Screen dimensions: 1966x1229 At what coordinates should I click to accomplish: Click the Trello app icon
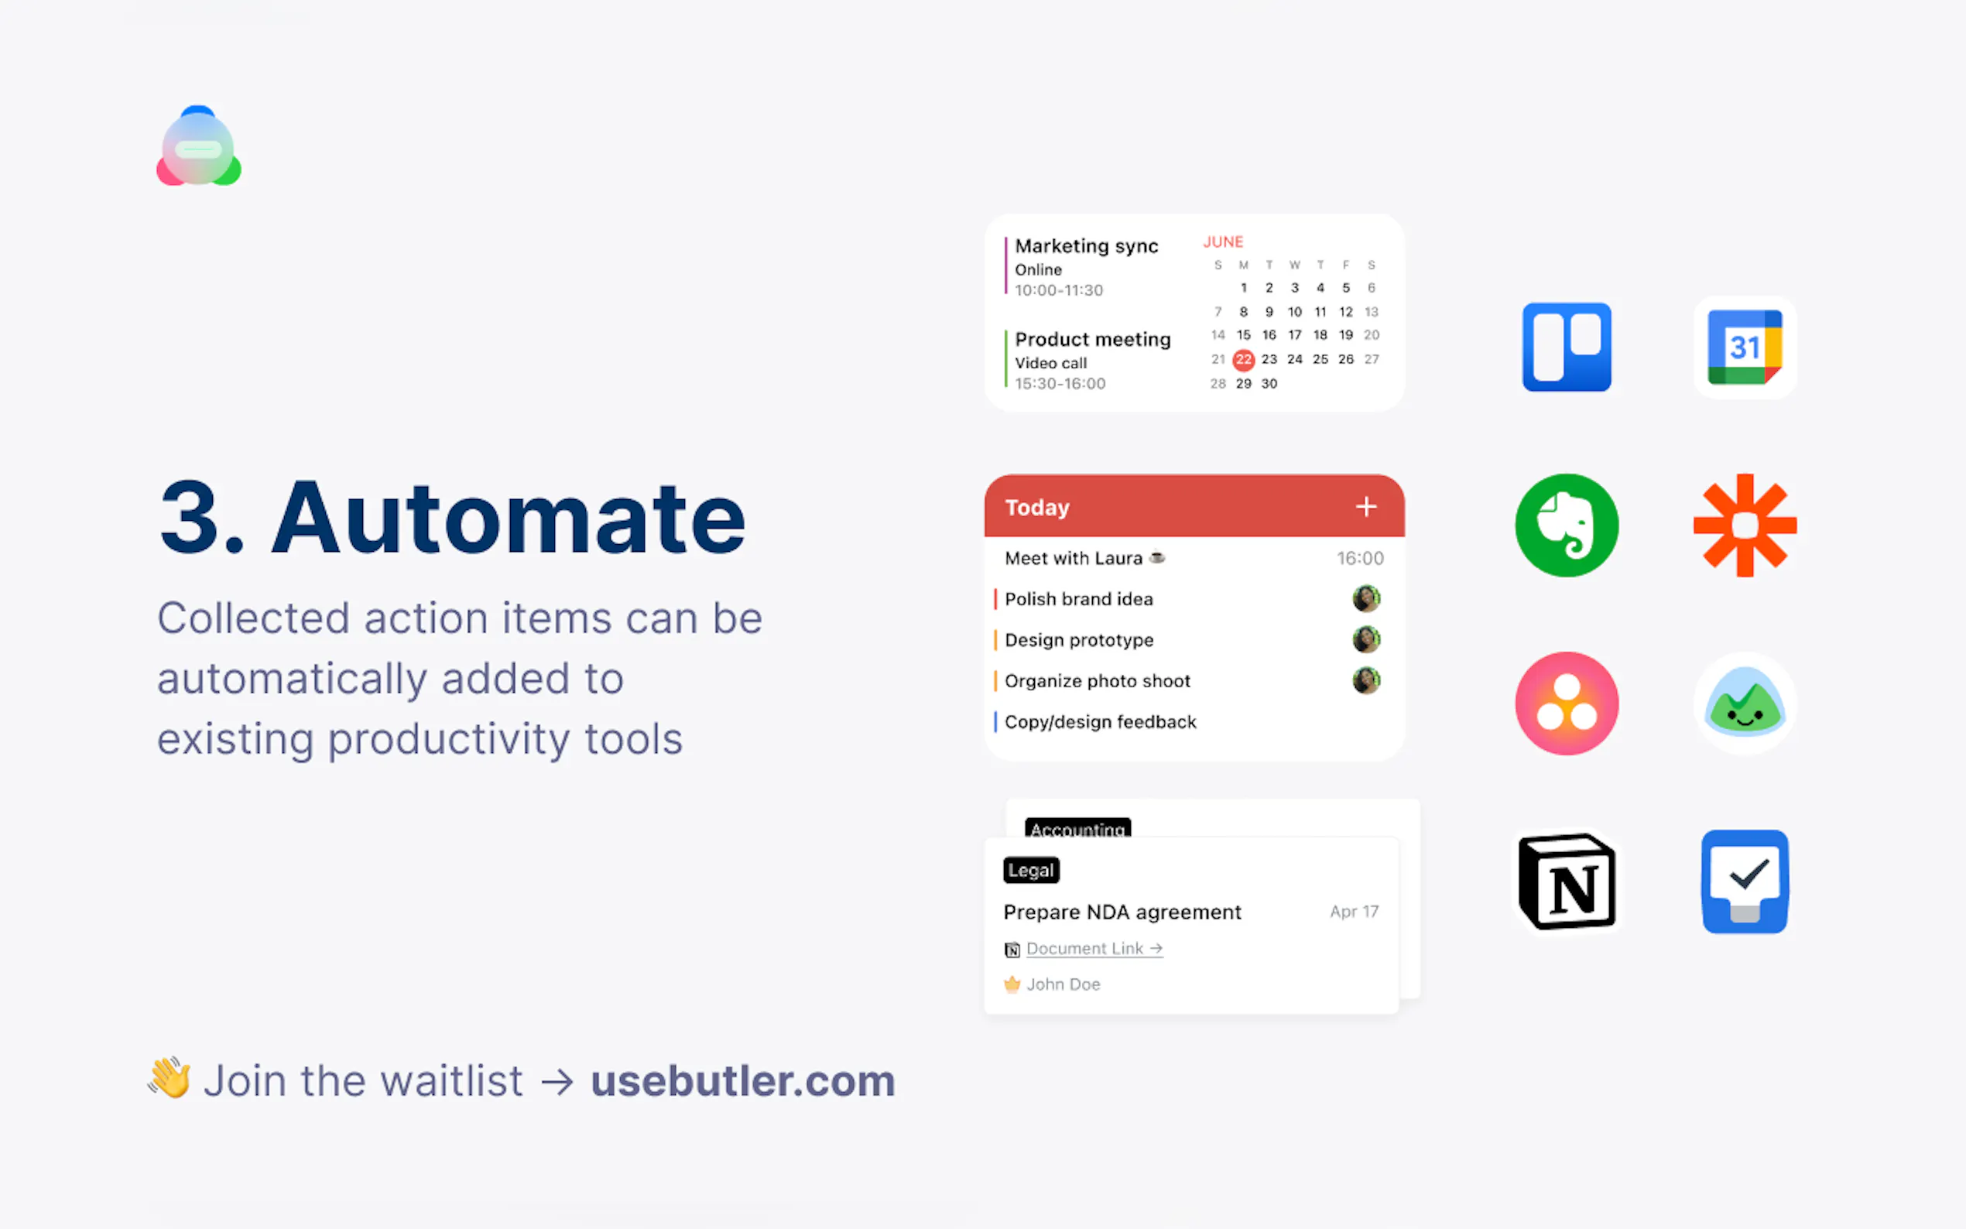point(1566,347)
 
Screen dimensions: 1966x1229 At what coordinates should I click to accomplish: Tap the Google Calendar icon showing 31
point(1744,347)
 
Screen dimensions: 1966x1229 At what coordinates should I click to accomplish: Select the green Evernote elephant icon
point(1566,525)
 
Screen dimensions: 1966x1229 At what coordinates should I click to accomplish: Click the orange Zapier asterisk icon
point(1744,525)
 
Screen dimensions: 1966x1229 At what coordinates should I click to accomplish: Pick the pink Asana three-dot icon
point(1566,703)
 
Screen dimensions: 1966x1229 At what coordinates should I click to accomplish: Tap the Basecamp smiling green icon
point(1744,703)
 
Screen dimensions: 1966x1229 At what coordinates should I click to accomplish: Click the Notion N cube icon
point(1566,881)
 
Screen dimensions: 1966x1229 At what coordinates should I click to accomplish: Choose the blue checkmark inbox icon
point(1744,881)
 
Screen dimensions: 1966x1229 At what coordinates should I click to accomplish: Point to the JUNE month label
point(1222,241)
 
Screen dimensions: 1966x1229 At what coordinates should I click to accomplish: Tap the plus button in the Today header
point(1365,506)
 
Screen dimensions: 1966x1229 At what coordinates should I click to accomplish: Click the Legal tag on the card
point(1030,870)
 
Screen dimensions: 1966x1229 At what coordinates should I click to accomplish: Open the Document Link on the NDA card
point(1094,949)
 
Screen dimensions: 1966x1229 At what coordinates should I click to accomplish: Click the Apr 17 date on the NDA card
point(1354,911)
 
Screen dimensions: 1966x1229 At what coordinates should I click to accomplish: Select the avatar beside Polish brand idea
point(1365,598)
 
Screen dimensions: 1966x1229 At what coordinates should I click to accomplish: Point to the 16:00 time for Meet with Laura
point(1360,559)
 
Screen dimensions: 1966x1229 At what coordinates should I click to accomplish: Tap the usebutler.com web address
point(742,1080)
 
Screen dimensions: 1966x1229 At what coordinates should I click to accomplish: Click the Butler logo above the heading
point(198,146)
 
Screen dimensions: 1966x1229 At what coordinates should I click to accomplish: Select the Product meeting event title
point(1092,339)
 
